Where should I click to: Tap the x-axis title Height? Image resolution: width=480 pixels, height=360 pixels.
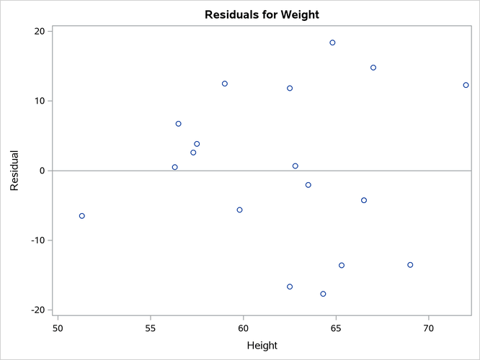[x=262, y=346]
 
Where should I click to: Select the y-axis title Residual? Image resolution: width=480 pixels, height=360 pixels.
[x=14, y=171]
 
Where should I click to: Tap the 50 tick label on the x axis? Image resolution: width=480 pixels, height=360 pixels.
[x=58, y=328]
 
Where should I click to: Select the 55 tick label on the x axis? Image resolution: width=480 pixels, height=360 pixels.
[x=151, y=328]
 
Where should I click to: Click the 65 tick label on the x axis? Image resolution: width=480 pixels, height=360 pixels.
[x=336, y=328]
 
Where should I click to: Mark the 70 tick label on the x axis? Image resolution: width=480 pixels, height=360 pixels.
[x=429, y=328]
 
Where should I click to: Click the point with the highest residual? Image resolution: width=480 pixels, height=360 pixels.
[x=332, y=42]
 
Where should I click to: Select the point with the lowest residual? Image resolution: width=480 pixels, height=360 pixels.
[x=323, y=294]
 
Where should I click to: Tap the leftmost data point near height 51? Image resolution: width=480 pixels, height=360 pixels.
[x=81, y=216]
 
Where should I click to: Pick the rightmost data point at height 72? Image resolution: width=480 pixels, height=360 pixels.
[x=466, y=85]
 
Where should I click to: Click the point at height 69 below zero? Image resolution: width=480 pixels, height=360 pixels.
[x=410, y=265]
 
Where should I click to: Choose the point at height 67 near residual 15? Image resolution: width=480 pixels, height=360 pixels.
[x=373, y=68]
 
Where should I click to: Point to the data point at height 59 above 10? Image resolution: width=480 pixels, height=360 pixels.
[x=225, y=84]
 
